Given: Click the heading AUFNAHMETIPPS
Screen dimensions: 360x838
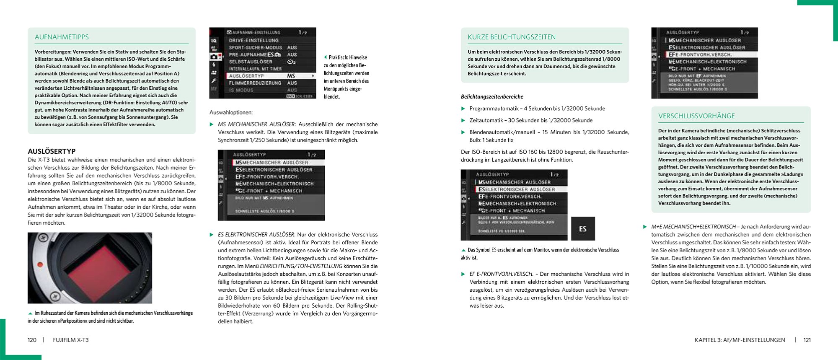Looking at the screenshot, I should coord(62,37).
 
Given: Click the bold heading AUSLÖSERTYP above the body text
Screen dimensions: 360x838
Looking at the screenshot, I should coord(52,151).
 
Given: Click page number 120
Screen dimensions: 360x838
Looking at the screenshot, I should coord(32,340).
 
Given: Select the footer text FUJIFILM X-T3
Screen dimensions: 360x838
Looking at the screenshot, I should coord(71,340).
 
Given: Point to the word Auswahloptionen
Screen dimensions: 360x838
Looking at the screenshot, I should coord(231,112).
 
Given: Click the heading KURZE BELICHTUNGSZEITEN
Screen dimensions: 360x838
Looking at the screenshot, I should coord(512,37).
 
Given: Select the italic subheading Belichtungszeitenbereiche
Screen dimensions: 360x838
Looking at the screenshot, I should coord(492,96).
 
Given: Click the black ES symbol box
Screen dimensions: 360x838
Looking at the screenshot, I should coord(583,228).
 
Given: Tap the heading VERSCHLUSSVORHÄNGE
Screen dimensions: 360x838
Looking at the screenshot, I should coord(696,116).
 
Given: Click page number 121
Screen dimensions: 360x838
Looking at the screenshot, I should coord(807,340).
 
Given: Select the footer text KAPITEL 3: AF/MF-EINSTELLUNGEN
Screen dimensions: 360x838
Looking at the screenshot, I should coord(740,340).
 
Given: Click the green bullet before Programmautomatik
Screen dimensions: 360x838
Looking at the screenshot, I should coord(463,109).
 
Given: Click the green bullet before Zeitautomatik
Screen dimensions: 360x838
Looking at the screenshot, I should coord(463,120).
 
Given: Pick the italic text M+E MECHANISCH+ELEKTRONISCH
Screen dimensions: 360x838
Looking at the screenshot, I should coord(693,227).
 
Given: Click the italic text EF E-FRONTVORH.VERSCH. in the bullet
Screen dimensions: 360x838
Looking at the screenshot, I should coord(501,274).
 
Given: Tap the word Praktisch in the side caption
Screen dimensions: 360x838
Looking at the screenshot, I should coord(338,57).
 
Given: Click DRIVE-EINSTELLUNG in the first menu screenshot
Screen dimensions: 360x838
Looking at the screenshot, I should coord(253,41).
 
